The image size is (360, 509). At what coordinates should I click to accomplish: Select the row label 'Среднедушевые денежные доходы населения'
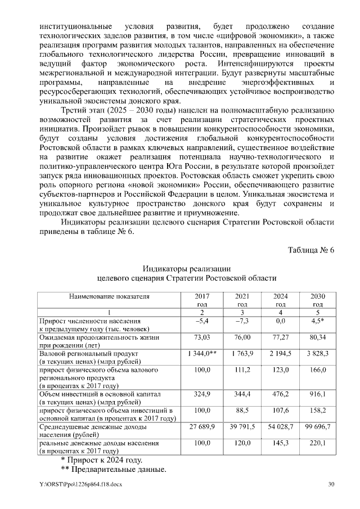click(x=93, y=431)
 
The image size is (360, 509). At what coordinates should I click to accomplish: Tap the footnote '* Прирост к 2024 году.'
click(x=102, y=460)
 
